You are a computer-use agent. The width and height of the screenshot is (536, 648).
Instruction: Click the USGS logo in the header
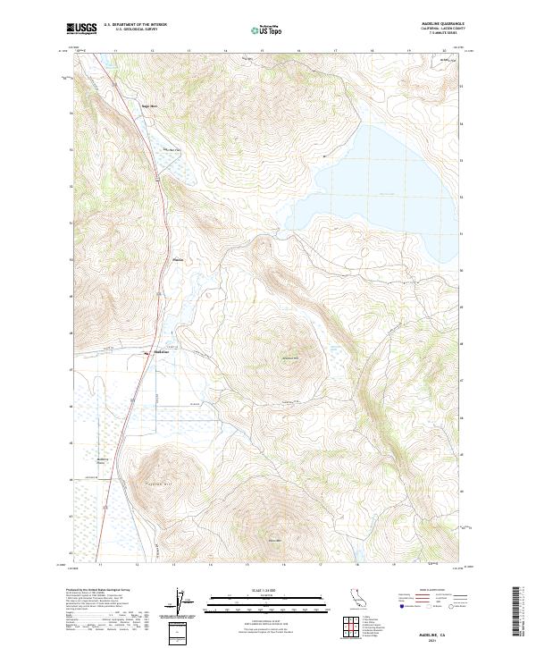[x=82, y=29]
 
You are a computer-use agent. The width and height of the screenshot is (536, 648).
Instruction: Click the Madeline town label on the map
[x=162, y=351]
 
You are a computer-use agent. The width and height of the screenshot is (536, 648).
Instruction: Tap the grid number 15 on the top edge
[x=261, y=51]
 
